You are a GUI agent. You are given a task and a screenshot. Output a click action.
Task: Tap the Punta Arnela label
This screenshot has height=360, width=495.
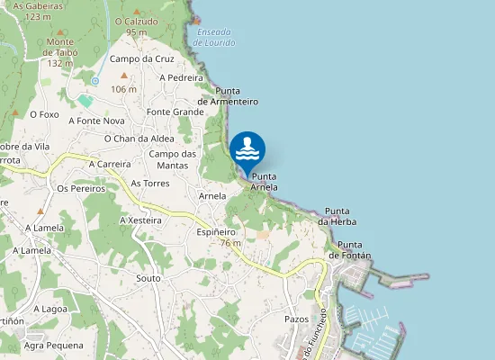[x=265, y=181]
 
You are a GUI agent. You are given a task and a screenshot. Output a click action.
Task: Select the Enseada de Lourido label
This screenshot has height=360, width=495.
[x=213, y=37]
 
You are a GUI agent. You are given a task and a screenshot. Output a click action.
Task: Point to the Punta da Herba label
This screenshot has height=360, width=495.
[x=337, y=216]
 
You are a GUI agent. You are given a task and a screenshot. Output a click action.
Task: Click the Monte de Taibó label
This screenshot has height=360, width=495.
[x=59, y=52]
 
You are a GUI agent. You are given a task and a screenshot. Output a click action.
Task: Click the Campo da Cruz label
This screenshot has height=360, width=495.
[x=141, y=59]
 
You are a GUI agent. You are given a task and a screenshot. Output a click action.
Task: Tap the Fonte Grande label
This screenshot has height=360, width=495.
[x=175, y=112]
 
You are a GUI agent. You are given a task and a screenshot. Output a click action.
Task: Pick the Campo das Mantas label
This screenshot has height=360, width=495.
[x=172, y=159]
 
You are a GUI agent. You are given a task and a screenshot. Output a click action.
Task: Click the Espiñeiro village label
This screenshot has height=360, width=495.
[x=216, y=232]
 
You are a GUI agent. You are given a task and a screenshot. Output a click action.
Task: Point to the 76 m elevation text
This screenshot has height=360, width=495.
[x=230, y=243]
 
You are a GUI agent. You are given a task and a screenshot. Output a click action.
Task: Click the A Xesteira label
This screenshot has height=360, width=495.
[x=140, y=220]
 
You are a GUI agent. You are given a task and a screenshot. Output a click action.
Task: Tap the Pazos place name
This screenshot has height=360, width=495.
[x=297, y=319]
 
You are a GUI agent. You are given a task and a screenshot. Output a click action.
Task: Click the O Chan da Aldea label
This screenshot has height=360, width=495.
[x=139, y=139]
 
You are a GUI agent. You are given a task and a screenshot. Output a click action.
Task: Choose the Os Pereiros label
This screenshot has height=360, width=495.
[x=81, y=189]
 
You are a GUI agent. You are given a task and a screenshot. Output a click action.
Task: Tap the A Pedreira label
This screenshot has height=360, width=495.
[x=181, y=77]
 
